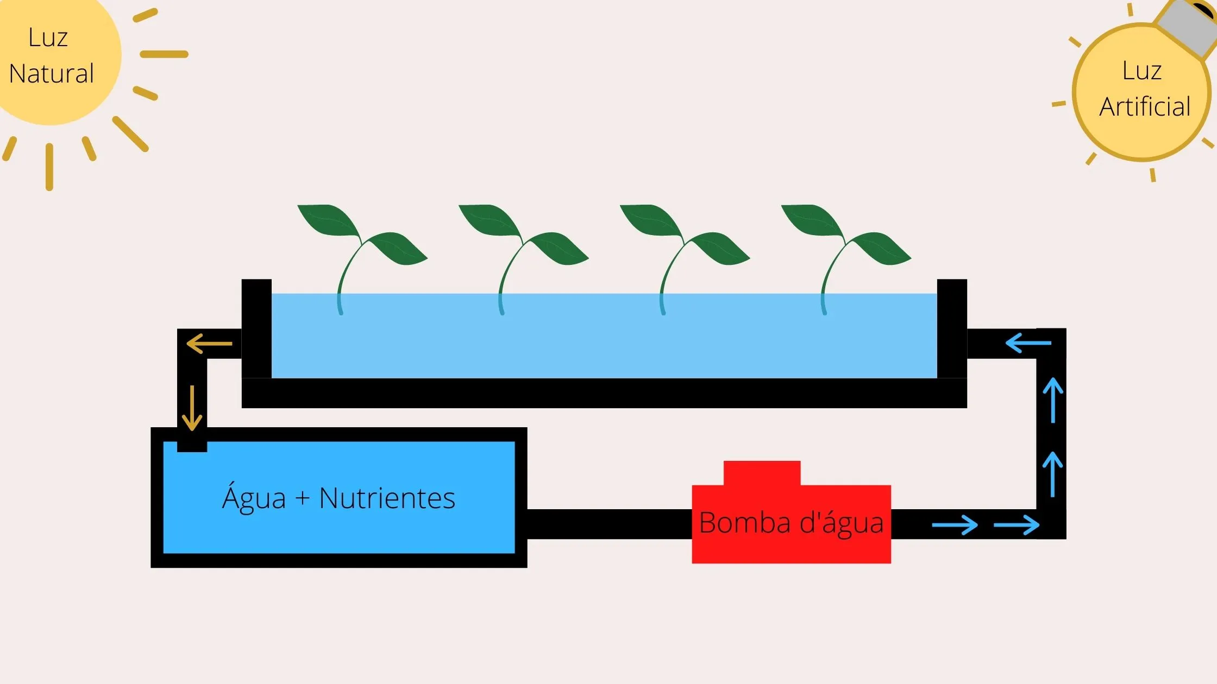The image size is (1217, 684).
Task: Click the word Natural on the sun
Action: coord(52,74)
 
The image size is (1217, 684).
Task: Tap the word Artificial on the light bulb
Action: coord(1145,106)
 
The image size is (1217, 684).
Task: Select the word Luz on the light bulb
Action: coord(1142,71)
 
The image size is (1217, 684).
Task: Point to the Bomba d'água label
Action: coord(791,523)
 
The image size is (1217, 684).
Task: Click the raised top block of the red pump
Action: coord(762,473)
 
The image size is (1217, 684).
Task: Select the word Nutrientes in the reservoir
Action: coord(387,498)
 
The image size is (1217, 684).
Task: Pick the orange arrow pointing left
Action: coord(209,344)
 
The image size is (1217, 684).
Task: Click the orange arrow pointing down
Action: coord(192,408)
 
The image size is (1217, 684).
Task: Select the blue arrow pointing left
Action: coord(1028,343)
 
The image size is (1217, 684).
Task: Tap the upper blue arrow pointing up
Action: coord(1053,400)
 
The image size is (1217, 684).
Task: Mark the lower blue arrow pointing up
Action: coord(1053,474)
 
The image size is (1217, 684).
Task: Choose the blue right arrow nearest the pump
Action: coord(955,525)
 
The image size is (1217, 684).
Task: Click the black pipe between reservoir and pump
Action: coord(609,524)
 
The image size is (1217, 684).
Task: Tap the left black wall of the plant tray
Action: coord(256,328)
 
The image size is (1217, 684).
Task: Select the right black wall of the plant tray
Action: coord(952,328)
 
